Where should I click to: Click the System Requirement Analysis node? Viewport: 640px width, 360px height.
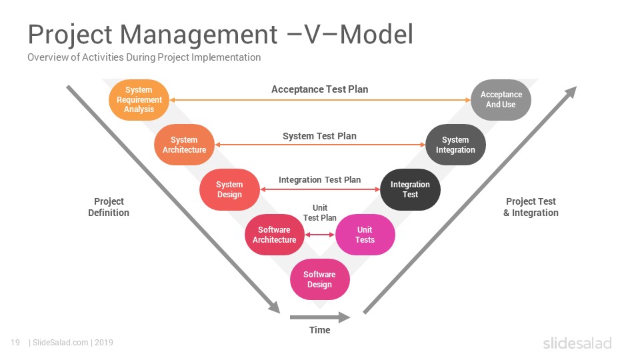pyautogui.click(x=139, y=99)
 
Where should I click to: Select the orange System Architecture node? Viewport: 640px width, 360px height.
pyautogui.click(x=184, y=145)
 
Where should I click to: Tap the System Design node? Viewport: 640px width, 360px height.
pyautogui.click(x=229, y=189)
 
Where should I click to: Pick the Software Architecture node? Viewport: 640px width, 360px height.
pyautogui.click(x=275, y=235)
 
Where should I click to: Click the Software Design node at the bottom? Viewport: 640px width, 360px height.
pyautogui.click(x=319, y=279)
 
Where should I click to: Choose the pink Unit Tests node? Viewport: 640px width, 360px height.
pyautogui.click(x=365, y=235)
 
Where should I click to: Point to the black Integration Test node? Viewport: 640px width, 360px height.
pyautogui.click(x=410, y=189)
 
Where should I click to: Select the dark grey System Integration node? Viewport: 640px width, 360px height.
pyautogui.click(x=455, y=145)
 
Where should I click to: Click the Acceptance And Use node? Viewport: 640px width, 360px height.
pyautogui.click(x=501, y=99)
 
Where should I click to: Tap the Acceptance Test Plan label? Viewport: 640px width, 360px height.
pyautogui.click(x=319, y=89)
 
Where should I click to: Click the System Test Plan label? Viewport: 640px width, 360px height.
pyautogui.click(x=319, y=136)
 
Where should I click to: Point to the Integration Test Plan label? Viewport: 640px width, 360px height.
pyautogui.click(x=319, y=179)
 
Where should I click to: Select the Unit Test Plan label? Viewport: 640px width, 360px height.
pyautogui.click(x=319, y=213)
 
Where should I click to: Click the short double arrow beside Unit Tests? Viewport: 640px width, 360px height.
pyautogui.click(x=320, y=235)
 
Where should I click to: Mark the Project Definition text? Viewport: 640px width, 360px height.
pyautogui.click(x=109, y=207)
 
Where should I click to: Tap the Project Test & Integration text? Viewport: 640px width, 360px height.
pyautogui.click(x=531, y=207)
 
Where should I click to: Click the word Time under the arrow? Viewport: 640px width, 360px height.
pyautogui.click(x=319, y=330)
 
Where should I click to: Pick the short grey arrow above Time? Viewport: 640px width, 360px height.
pyautogui.click(x=320, y=317)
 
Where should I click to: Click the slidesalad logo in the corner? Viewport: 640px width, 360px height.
pyautogui.click(x=577, y=343)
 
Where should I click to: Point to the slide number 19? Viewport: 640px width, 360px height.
pyautogui.click(x=15, y=343)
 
